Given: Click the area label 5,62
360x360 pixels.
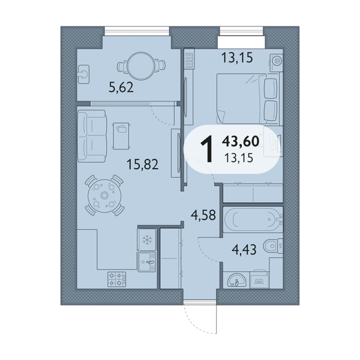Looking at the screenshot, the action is coord(121,88).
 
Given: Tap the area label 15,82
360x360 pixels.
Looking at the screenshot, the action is coord(143,164).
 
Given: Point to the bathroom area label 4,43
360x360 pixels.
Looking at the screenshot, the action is coord(244,250).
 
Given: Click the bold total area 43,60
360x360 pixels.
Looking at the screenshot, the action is coord(241,141).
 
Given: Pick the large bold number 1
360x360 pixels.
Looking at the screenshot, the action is coord(207,149).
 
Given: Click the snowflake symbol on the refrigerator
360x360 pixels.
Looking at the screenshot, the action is coord(147,239).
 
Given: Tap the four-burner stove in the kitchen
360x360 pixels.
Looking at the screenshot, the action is coord(117,280).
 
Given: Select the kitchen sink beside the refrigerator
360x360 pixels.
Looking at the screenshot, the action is coord(147,262).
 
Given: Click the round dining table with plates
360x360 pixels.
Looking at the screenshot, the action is coord(104,196).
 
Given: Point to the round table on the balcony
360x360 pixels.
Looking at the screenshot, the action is coord(141,66).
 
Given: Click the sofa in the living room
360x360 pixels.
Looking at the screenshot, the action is coord(92,136).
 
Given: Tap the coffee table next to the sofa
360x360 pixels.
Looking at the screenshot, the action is coord(121,136).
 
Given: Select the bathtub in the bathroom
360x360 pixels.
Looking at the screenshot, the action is coord(253,220).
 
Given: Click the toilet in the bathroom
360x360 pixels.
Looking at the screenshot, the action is coord(273,246).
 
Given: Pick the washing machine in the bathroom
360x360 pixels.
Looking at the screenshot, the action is coord(260,280).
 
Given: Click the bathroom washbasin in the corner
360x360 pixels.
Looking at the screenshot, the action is coord(236,280).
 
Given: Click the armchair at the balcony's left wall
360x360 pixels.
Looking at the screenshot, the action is coord(83,74).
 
